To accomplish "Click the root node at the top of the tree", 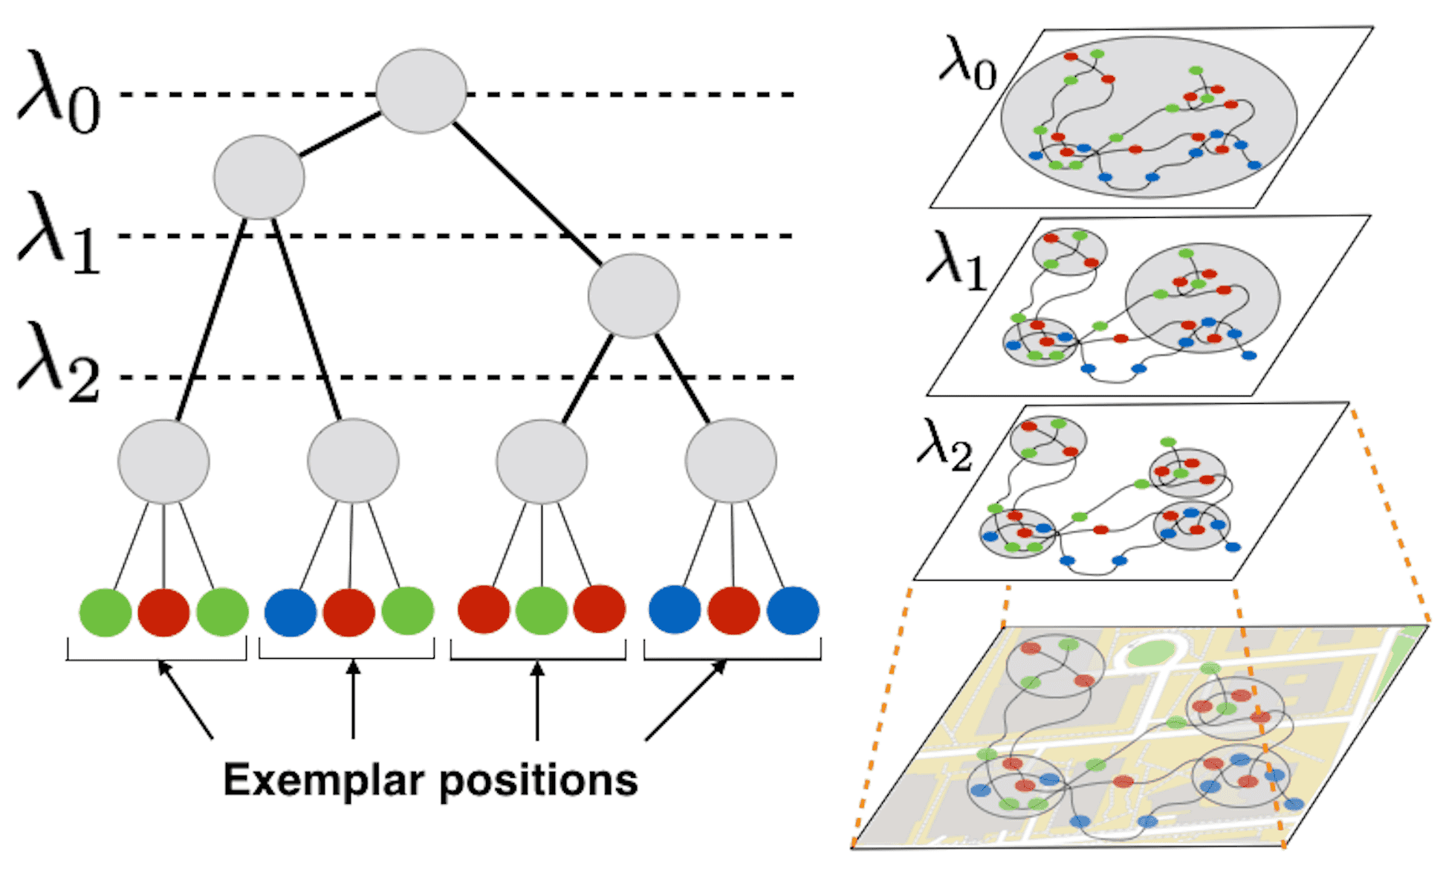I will [421, 91].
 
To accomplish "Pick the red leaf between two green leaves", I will [163, 612].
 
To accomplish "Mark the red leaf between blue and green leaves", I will [349, 612].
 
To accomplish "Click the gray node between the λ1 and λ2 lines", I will [633, 296].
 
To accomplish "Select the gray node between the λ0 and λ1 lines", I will [259, 177].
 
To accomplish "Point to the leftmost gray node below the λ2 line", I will [163, 462].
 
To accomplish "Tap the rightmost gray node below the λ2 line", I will [731, 461].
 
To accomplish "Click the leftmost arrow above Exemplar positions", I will [186, 700].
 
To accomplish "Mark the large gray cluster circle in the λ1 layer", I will [1202, 297].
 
